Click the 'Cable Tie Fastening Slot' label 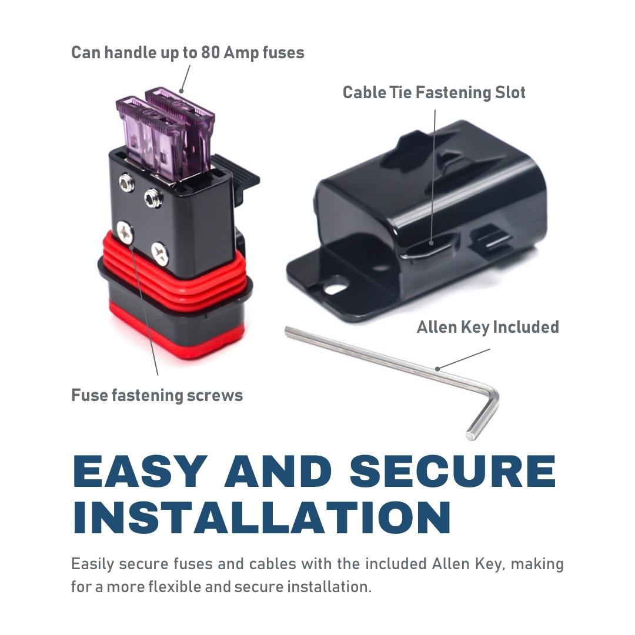[434, 93]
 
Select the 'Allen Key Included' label [487, 327]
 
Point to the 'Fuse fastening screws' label [157, 395]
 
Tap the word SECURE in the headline [453, 471]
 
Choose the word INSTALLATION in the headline [262, 518]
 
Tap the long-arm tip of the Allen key [288, 331]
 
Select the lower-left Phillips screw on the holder [125, 232]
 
